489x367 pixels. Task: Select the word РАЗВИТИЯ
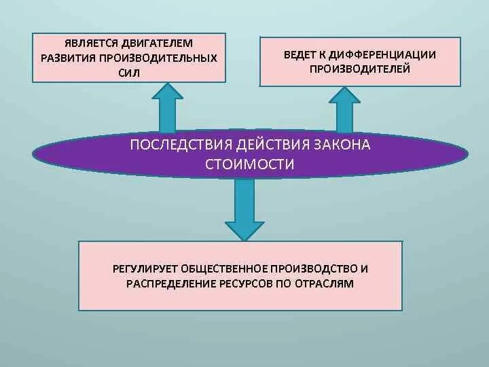(69, 58)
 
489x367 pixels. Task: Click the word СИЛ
(128, 73)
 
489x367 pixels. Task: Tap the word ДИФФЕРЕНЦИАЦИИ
(383, 54)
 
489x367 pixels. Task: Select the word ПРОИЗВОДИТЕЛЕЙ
(360, 69)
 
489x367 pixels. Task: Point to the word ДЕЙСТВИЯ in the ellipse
(270, 145)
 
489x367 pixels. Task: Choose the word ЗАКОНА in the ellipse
(342, 145)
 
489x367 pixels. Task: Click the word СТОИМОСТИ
(250, 164)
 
